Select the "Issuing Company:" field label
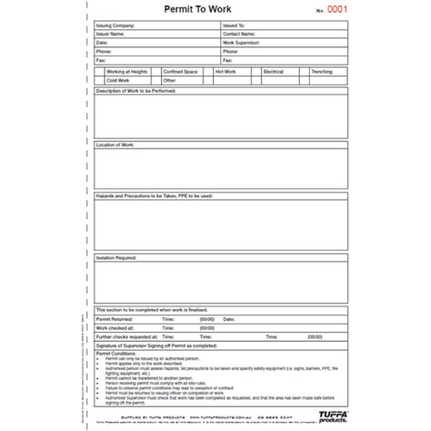coord(115,27)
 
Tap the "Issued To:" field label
coord(233,27)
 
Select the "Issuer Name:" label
coord(112,35)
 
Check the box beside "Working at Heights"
coord(100,70)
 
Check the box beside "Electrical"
coord(258,70)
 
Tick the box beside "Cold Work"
coord(100,79)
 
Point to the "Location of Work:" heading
coord(115,144)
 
